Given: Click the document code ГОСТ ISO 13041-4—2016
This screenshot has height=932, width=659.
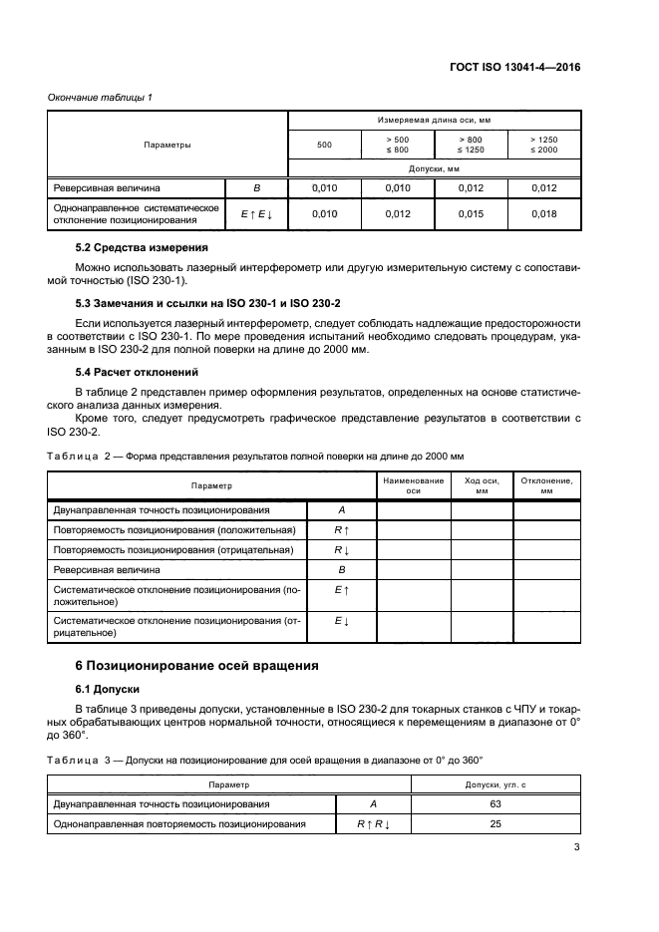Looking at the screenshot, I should pos(511,67).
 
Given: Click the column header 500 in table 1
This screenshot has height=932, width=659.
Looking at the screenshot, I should pos(324,145).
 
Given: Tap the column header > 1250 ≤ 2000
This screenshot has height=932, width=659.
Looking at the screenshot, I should pos(543,145).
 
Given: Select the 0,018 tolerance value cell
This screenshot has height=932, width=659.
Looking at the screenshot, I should pos(543,213).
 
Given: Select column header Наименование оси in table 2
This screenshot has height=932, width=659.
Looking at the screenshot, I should pos(414,485).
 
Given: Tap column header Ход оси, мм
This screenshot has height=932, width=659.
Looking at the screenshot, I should pos(481,485).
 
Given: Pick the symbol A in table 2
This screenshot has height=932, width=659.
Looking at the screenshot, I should pos(341,509).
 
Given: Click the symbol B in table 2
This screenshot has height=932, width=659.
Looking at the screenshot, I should pos(341,570).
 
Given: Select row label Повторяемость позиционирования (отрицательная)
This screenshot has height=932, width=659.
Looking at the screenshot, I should pos(173,549).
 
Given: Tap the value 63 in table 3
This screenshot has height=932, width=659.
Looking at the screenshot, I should pos(495,803).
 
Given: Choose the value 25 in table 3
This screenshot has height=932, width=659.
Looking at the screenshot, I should pos(495,824).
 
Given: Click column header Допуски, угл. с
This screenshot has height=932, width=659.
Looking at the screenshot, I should pos(495,784).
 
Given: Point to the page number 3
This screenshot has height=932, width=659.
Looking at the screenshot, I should pos(576,848).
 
